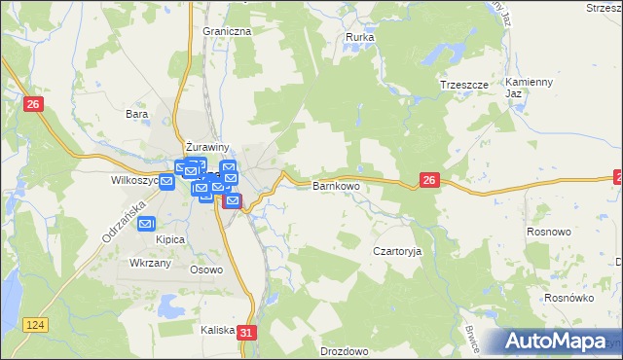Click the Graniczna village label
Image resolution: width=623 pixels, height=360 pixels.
(x=227, y=31)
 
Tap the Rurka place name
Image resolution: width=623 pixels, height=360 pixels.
(x=360, y=38)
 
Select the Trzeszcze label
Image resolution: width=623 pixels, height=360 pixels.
(x=461, y=85)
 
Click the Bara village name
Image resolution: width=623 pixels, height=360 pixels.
(x=135, y=114)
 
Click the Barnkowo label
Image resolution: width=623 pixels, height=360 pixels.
(x=336, y=185)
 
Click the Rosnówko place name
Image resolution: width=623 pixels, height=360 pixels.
(x=569, y=298)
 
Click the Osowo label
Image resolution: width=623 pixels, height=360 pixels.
(x=206, y=270)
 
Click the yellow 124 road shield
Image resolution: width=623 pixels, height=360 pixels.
(x=36, y=323)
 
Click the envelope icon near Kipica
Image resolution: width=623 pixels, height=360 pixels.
(x=146, y=224)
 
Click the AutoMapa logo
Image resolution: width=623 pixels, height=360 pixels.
(x=562, y=342)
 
